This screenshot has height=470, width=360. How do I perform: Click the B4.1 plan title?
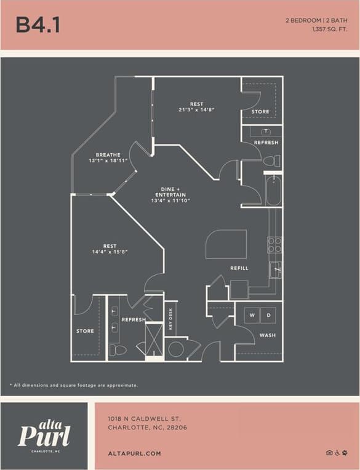pyautogui.click(x=38, y=25)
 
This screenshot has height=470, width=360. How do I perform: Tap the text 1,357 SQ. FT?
pyautogui.click(x=321, y=29)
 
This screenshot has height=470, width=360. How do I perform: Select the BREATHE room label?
pyautogui.click(x=108, y=155)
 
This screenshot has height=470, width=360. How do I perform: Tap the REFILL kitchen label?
pyautogui.click(x=239, y=268)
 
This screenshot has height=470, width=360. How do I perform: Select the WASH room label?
pyautogui.click(x=267, y=335)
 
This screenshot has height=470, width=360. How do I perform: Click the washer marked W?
pyautogui.click(x=252, y=315)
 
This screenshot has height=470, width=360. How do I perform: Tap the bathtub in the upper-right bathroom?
pyautogui.click(x=273, y=190)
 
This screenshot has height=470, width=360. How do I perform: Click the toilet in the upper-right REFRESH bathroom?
pyautogui.click(x=271, y=161)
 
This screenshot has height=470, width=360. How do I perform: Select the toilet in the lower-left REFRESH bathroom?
pyautogui.click(x=118, y=350)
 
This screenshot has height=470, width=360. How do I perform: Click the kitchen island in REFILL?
pyautogui.click(x=226, y=245)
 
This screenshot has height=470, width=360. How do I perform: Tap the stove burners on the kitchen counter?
pyautogui.click(x=274, y=245)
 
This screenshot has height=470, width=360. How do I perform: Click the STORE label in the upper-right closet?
pyautogui.click(x=260, y=111)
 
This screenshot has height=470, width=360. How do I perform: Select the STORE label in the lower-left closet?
pyautogui.click(x=85, y=331)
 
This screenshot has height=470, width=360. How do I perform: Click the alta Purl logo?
pyautogui.click(x=44, y=434)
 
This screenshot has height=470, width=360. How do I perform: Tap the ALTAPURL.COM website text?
pyautogui.click(x=134, y=453)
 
